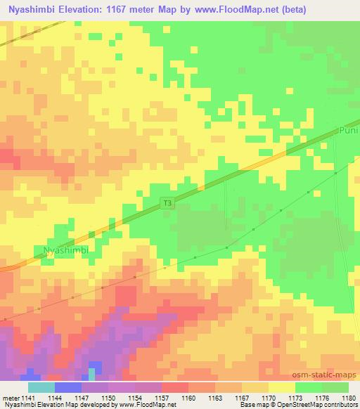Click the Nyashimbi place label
pyautogui.click(x=67, y=250)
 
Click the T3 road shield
pyautogui.click(x=167, y=204)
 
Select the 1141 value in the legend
pyautogui.click(x=27, y=397)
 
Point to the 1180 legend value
pyautogui.click(x=349, y=397)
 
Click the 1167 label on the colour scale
pyautogui.click(x=241, y=397)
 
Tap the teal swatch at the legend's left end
pyautogui.click(x=41, y=387)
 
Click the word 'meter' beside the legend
pyautogui.click(x=9, y=397)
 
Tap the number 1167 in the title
pyautogui.click(x=118, y=9)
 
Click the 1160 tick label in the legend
pyautogui.click(x=188, y=397)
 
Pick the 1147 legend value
pyautogui.click(x=81, y=397)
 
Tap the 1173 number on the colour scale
pyautogui.click(x=295, y=397)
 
